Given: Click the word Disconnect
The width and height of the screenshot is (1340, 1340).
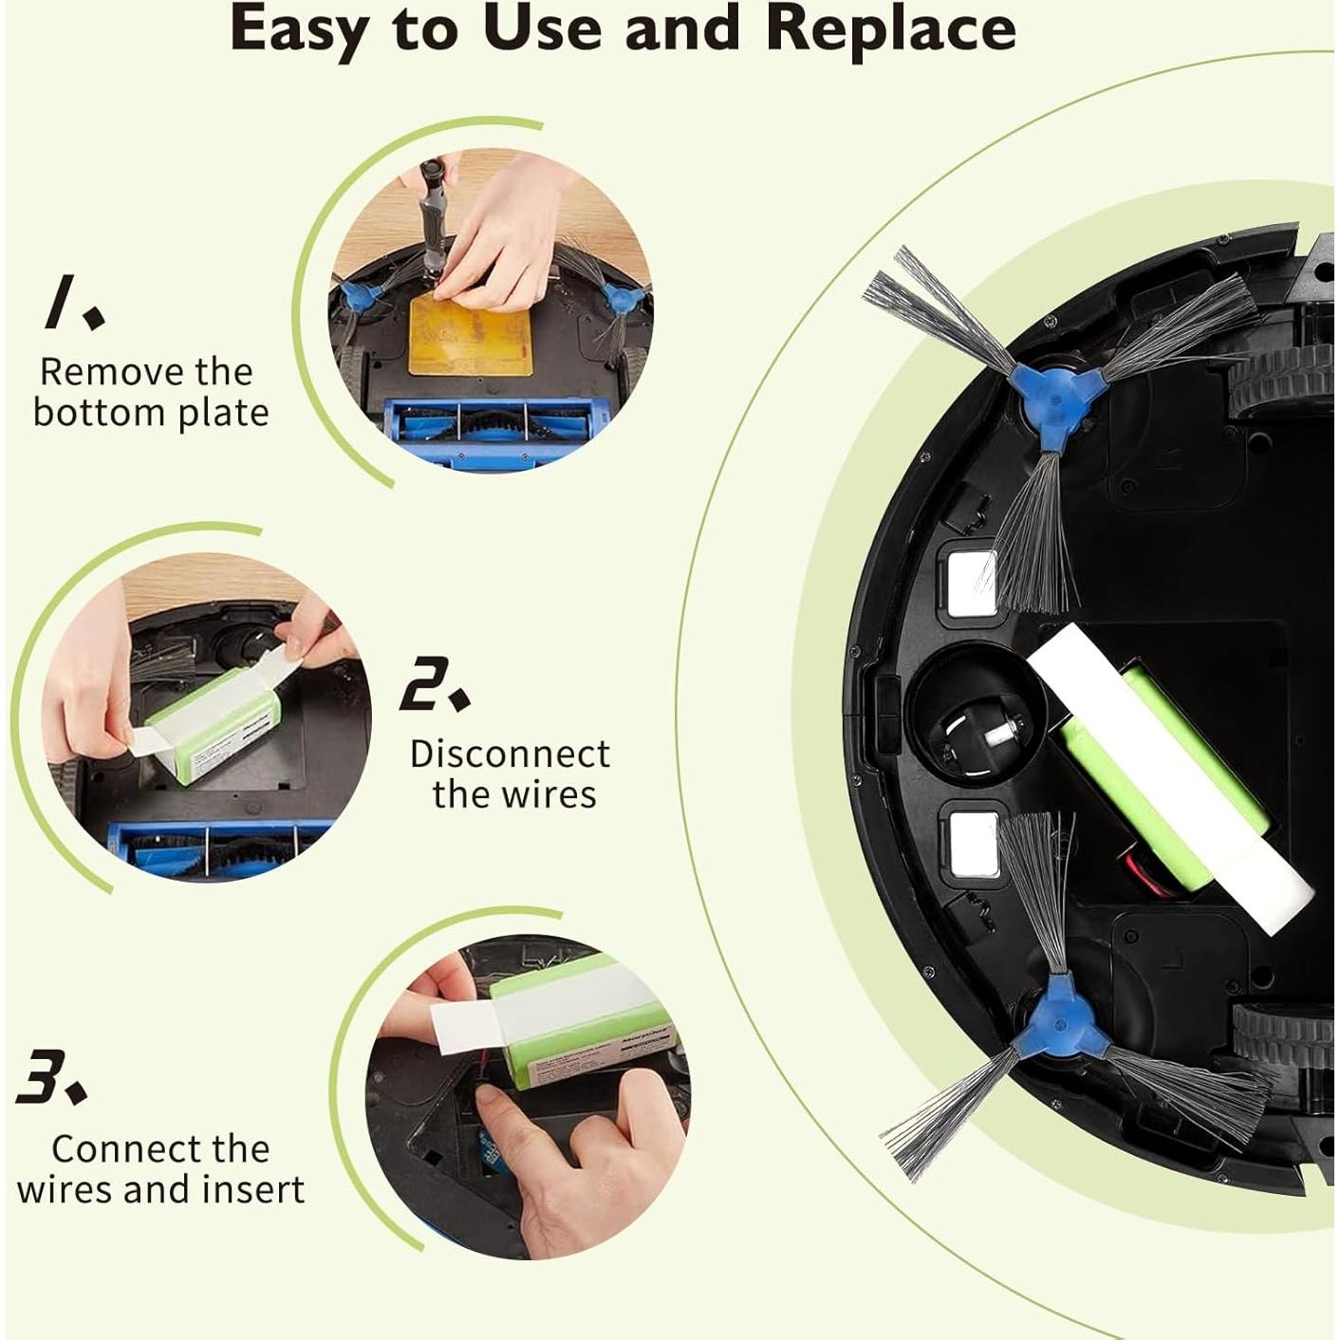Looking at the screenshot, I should click(x=510, y=754).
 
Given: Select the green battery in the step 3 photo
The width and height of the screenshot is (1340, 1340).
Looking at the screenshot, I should click(x=579, y=1015).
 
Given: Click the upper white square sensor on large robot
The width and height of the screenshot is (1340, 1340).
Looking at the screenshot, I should click(x=971, y=580).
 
